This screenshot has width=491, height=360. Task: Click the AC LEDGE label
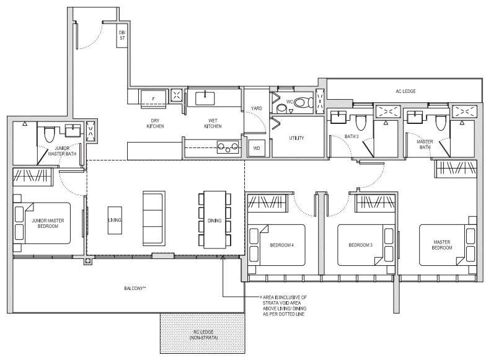[405, 91]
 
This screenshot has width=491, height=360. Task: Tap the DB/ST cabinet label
[122, 35]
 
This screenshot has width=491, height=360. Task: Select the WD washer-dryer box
[257, 148]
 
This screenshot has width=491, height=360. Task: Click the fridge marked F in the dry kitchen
[154, 99]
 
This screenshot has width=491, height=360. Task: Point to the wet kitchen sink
[205, 99]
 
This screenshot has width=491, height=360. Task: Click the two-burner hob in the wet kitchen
[228, 147]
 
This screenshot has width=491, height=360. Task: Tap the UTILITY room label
[296, 138]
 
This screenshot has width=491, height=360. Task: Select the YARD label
[257, 108]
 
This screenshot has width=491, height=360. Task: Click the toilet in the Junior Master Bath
[49, 134]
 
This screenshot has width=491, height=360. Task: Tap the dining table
[215, 219]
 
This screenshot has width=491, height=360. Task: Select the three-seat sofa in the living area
[154, 218]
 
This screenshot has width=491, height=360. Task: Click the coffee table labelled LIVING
[115, 220]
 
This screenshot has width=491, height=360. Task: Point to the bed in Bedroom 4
[276, 245]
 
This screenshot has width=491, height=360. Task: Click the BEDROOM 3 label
[360, 245]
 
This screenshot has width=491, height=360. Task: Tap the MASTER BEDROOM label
[442, 245]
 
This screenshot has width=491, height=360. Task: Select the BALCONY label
[135, 288]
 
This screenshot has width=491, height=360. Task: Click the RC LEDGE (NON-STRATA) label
[203, 335]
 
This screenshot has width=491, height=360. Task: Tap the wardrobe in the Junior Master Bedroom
[33, 177]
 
